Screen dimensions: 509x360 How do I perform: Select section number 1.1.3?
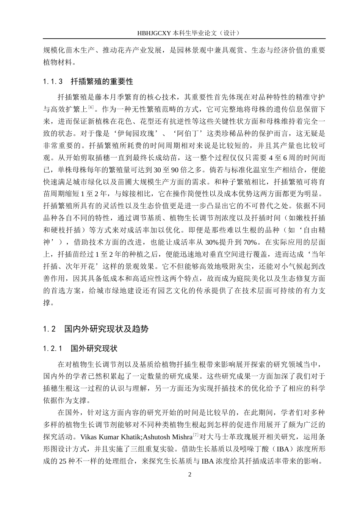[x=53, y=82]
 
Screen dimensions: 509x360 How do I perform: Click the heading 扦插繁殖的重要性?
[x=102, y=82]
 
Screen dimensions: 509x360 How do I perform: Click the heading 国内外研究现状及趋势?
[x=106, y=329]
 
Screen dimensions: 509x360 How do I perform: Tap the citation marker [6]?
[x=91, y=108]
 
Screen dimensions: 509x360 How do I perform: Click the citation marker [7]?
[x=196, y=434]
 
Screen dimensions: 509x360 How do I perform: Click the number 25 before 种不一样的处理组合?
[x=63, y=461]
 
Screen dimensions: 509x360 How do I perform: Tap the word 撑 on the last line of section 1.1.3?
[x=47, y=303]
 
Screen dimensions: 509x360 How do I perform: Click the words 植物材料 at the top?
[x=57, y=62]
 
